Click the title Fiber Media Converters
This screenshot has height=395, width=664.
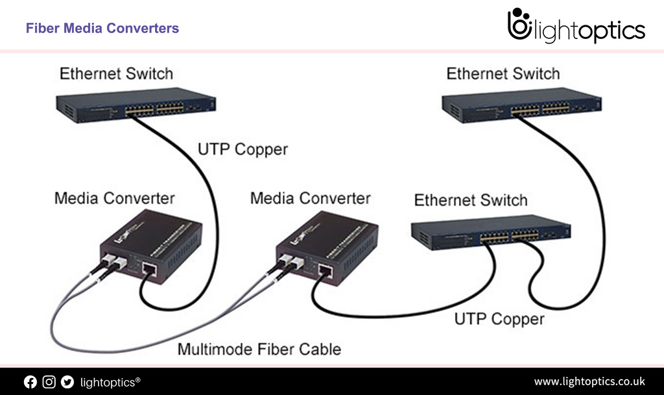pos(102,29)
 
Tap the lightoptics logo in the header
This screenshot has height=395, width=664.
pos(576,27)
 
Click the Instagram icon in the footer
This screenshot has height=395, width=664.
pos(49,382)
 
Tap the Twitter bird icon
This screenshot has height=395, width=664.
pos(67,382)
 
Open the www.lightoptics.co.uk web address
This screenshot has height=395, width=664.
pos(589,381)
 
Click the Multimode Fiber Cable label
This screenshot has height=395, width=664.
pos(259,350)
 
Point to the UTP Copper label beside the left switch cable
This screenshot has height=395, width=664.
pos(242,150)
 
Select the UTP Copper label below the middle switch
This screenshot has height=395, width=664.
pos(499,319)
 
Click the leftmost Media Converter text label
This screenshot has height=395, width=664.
pos(114,198)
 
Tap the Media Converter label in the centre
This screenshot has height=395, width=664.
pos(310,198)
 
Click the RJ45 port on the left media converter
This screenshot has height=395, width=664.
pos(148,269)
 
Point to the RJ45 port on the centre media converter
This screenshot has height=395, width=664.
pos(325,270)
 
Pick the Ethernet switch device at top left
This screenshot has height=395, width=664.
pos(136,105)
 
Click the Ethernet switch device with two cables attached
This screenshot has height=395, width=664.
pos(490,232)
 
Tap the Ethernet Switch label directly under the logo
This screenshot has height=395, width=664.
pos(503,74)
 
